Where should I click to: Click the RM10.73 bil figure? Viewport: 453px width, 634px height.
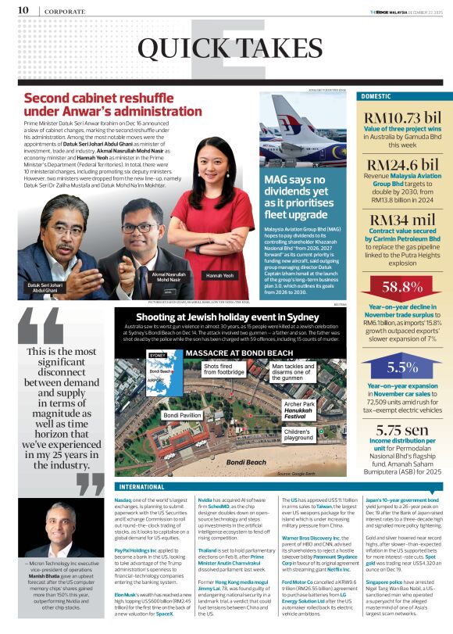(402, 120)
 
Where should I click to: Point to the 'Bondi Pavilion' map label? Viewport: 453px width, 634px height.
(182, 414)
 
